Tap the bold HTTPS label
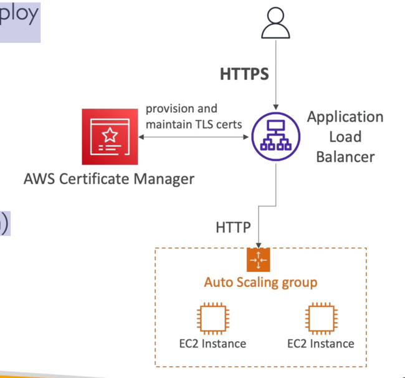click(x=244, y=74)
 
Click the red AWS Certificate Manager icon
click(x=110, y=136)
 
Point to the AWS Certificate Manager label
click(x=109, y=180)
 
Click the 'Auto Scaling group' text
click(x=260, y=282)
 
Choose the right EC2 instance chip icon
click(x=321, y=319)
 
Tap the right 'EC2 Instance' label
click(x=321, y=344)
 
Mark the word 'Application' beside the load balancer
click(x=345, y=117)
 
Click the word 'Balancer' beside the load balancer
click(x=345, y=156)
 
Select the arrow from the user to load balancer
click(x=275, y=81)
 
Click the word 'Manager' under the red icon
click(x=162, y=180)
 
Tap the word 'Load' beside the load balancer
click(x=345, y=137)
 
